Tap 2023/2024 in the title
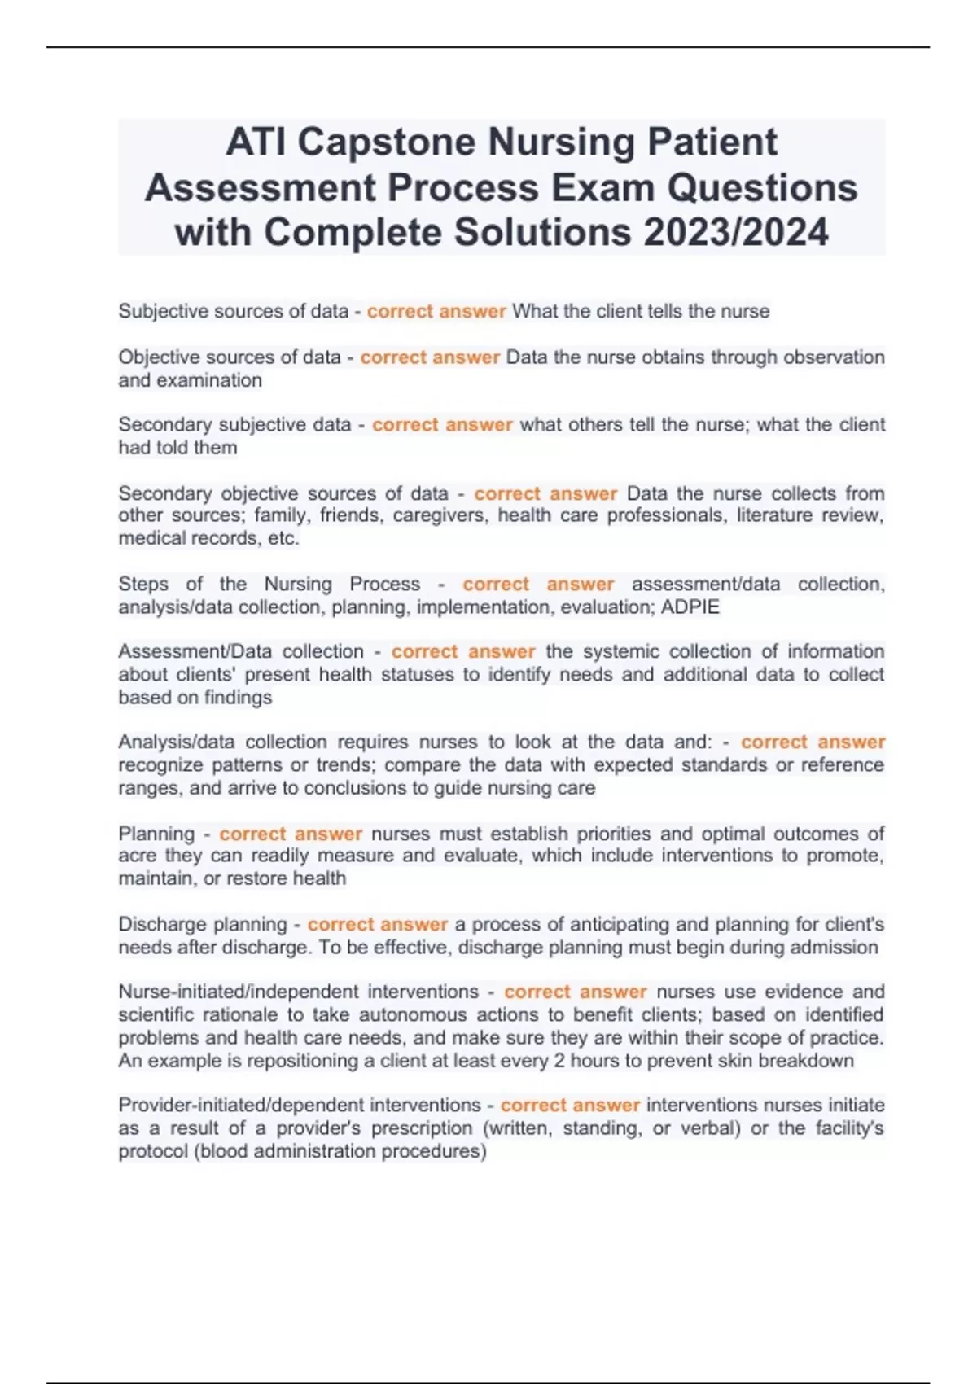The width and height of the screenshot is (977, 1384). click(x=736, y=232)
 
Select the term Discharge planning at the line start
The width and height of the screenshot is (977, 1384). click(x=203, y=925)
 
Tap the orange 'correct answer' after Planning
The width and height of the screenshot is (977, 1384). click(x=291, y=834)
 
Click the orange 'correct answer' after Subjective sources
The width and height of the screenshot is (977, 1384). click(x=436, y=311)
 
